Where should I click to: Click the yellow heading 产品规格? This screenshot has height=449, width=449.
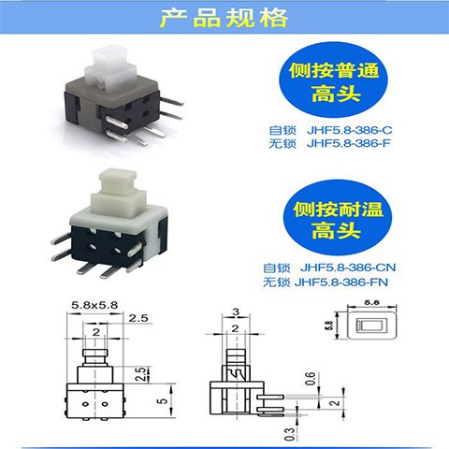(x=224, y=18)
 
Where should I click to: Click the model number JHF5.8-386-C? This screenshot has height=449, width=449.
(x=350, y=130)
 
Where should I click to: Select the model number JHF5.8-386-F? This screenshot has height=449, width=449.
(x=349, y=143)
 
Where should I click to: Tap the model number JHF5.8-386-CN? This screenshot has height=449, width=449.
(x=348, y=268)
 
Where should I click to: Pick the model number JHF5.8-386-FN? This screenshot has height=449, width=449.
(x=341, y=282)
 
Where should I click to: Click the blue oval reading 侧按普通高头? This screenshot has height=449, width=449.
(x=334, y=80)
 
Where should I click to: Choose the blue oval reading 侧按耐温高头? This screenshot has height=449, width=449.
(x=338, y=217)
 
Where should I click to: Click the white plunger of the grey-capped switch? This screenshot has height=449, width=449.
(x=110, y=71)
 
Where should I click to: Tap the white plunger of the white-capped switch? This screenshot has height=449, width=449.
(x=119, y=193)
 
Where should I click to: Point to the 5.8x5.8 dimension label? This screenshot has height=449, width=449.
(x=94, y=305)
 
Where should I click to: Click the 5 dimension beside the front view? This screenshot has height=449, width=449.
(x=163, y=400)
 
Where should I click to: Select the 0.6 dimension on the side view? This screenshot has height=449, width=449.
(x=311, y=379)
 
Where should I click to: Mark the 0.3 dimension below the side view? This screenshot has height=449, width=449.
(x=290, y=434)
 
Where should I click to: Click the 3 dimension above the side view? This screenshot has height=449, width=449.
(x=236, y=311)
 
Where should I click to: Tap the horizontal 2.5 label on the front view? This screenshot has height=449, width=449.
(x=138, y=318)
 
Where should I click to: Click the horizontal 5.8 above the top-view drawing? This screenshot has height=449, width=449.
(x=371, y=302)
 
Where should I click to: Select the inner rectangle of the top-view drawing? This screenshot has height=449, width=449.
(x=372, y=326)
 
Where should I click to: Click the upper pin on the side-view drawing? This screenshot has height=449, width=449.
(x=270, y=397)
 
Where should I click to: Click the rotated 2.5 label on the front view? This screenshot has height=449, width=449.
(x=141, y=374)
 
